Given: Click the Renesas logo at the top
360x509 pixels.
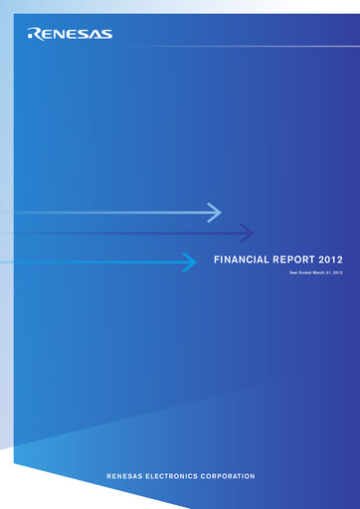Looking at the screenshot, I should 71,34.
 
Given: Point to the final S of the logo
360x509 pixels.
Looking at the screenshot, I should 106,34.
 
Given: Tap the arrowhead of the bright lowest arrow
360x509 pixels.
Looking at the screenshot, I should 190,261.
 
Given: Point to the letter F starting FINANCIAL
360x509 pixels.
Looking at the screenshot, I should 218,260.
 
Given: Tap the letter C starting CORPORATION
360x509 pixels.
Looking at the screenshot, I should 208,477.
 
